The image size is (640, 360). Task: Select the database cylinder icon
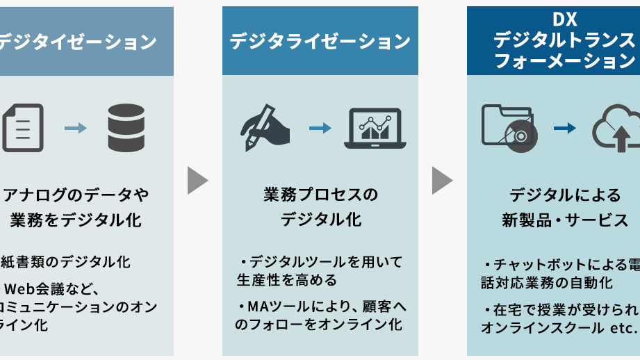(126, 128)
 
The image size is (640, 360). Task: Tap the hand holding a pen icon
(266, 128)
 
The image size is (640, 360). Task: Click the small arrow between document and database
(75, 128)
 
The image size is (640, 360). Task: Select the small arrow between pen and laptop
(320, 128)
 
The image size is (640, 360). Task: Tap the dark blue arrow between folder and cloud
(565, 128)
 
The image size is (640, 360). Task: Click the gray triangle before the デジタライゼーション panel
(197, 181)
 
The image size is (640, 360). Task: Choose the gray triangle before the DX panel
(442, 181)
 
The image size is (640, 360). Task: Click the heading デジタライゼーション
(320, 42)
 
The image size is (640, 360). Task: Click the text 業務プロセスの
(321, 195)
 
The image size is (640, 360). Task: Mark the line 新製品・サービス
(565, 221)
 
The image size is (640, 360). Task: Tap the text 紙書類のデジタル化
(65, 262)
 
